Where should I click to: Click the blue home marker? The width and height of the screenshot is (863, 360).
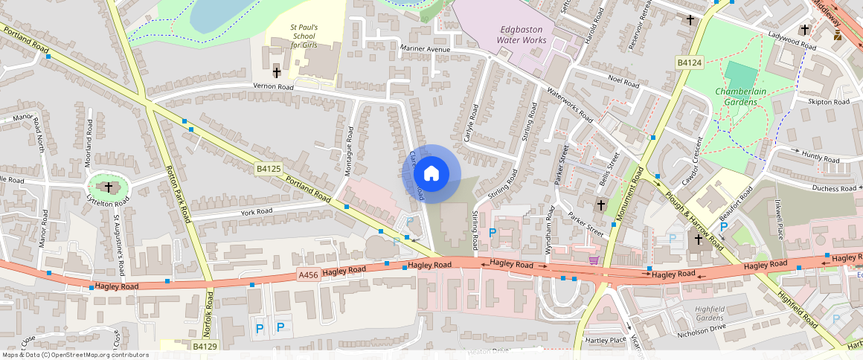pos(431,174)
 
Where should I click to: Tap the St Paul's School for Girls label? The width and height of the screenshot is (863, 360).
pos(304,36)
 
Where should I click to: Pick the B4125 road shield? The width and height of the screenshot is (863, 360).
pos(268,169)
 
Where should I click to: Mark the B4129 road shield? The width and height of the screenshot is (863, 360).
pos(205,346)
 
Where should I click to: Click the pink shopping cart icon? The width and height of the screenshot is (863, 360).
pos(594,260)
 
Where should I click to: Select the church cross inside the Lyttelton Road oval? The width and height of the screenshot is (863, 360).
pos(109,187)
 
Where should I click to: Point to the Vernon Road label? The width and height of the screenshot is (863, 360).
pos(274,87)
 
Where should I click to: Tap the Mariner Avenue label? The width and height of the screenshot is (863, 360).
pos(426,49)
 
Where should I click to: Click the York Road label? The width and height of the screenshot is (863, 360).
pos(256,211)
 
